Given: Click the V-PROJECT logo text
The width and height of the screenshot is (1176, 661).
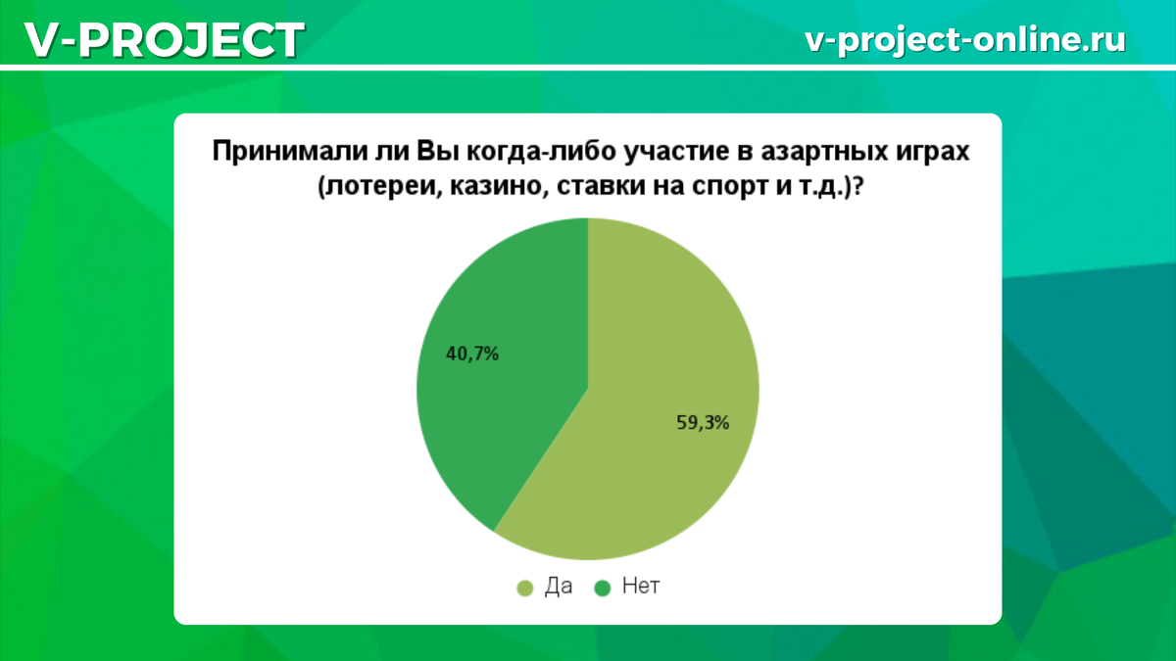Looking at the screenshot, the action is click(165, 39).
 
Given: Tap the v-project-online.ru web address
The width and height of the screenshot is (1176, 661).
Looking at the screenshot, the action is click(965, 39).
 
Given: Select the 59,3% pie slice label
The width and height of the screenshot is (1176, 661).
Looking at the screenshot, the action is click(703, 423).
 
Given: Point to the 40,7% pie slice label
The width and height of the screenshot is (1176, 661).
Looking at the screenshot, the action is click(472, 354).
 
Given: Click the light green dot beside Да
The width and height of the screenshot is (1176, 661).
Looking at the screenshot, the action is click(525, 589).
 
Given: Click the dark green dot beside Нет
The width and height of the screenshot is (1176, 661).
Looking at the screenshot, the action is click(602, 589).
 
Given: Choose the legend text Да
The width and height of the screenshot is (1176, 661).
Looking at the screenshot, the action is click(558, 587).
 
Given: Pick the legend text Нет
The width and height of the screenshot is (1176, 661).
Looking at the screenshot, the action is click(641, 586).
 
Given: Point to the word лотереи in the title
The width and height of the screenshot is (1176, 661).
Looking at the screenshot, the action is click(378, 187).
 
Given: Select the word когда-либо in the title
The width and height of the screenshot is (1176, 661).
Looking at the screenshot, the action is click(541, 152).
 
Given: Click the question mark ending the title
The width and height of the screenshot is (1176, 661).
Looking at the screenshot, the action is click(857, 186).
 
